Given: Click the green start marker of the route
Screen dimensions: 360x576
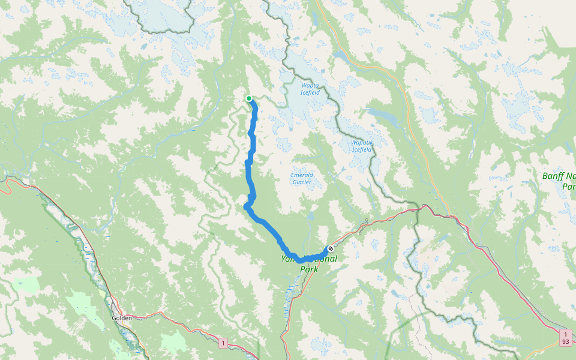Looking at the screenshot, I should pyautogui.click(x=249, y=98).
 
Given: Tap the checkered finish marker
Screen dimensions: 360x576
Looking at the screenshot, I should pyautogui.click(x=330, y=248).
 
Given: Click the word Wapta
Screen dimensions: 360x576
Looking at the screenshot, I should pyautogui.click(x=310, y=85).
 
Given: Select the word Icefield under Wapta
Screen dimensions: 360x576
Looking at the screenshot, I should pyautogui.click(x=310, y=93).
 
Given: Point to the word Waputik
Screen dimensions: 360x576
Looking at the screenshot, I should pyautogui.click(x=362, y=142).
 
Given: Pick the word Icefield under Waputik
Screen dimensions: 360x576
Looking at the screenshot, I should pyautogui.click(x=362, y=150).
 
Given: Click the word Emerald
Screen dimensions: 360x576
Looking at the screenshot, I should pyautogui.click(x=302, y=175).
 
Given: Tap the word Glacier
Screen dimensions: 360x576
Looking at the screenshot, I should pyautogui.click(x=302, y=182).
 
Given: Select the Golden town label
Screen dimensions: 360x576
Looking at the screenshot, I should pyautogui.click(x=122, y=317).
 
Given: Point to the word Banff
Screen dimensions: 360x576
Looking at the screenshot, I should pyautogui.click(x=554, y=176).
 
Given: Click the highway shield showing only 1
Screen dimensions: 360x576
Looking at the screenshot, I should pyautogui.click(x=223, y=343).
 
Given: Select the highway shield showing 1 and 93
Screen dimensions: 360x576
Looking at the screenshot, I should pyautogui.click(x=565, y=337).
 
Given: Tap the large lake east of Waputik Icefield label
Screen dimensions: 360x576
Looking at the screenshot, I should pyautogui.click(x=379, y=114).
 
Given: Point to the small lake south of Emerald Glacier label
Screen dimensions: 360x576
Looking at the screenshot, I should pyautogui.click(x=311, y=215).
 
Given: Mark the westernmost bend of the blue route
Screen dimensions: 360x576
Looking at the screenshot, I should pyautogui.click(x=245, y=207).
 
